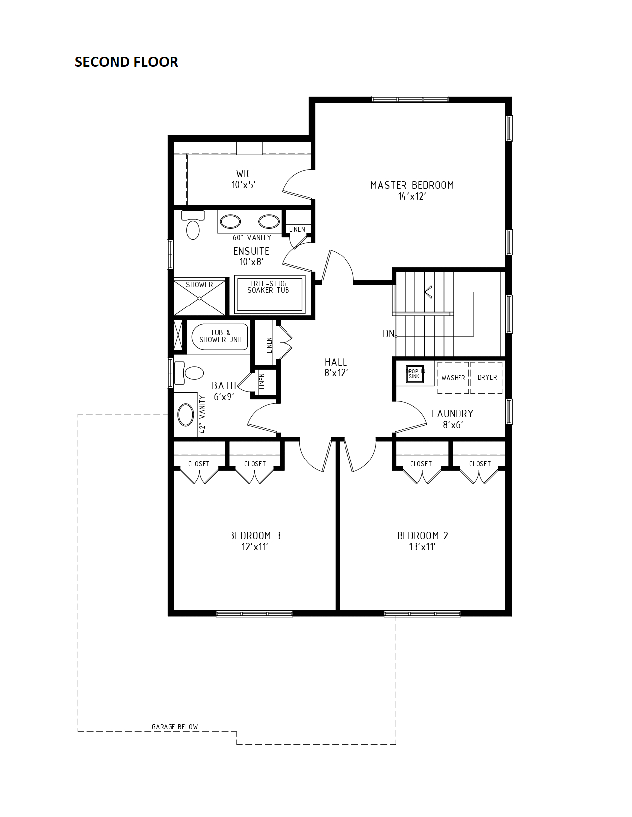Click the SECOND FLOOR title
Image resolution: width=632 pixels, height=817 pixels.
[126, 62]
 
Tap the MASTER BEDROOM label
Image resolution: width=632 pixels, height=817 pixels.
[412, 185]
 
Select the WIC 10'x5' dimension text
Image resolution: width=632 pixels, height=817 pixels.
[243, 185]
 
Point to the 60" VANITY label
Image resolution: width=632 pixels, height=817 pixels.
[252, 238]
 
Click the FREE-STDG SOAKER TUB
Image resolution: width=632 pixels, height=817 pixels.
[270, 295]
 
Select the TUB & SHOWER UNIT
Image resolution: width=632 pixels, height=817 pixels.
[220, 337]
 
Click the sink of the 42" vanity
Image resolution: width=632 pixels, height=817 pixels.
[185, 415]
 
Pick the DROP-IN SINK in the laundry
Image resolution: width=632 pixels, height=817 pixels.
[414, 374]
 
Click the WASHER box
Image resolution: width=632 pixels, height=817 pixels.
[453, 378]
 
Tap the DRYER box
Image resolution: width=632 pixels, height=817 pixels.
[487, 378]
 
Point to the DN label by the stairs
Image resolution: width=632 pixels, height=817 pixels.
[389, 334]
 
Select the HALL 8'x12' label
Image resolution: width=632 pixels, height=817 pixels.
[336, 367]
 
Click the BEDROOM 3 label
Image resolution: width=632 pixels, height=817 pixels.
[255, 536]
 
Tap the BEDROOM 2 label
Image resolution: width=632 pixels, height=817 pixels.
[422, 536]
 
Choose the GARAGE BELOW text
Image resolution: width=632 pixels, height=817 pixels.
[174, 727]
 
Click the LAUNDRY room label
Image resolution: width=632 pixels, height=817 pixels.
[453, 414]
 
